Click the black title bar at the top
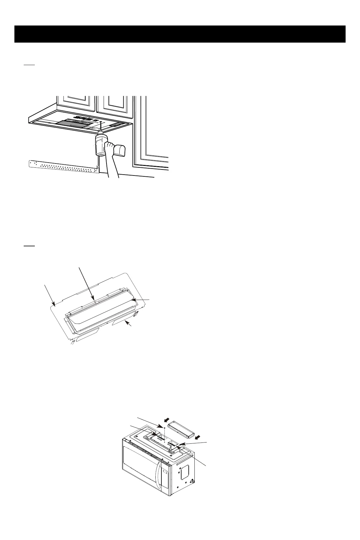pos(180,34)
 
